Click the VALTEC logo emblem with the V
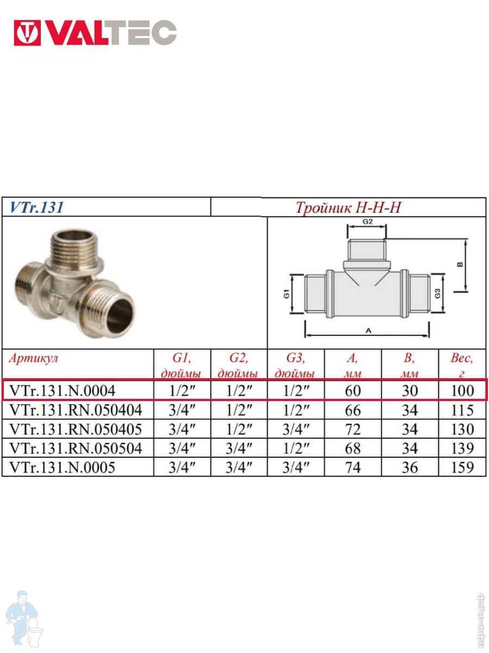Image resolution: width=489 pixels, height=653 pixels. pyautogui.click(x=27, y=33)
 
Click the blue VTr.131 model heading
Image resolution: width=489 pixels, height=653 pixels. pyautogui.click(x=36, y=207)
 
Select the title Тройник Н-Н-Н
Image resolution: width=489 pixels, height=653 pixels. pyautogui.click(x=348, y=207)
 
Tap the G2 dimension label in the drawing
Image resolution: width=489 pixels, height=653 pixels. pyautogui.click(x=368, y=221)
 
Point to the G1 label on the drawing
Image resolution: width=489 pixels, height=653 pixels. pyautogui.click(x=286, y=294)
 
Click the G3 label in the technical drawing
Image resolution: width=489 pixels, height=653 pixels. pyautogui.click(x=437, y=294)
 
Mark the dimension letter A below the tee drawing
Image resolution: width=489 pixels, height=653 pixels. pyautogui.click(x=368, y=330)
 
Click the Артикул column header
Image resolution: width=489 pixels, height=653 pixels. pyautogui.click(x=33, y=358)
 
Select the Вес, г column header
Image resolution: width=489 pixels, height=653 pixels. pyautogui.click(x=462, y=365)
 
